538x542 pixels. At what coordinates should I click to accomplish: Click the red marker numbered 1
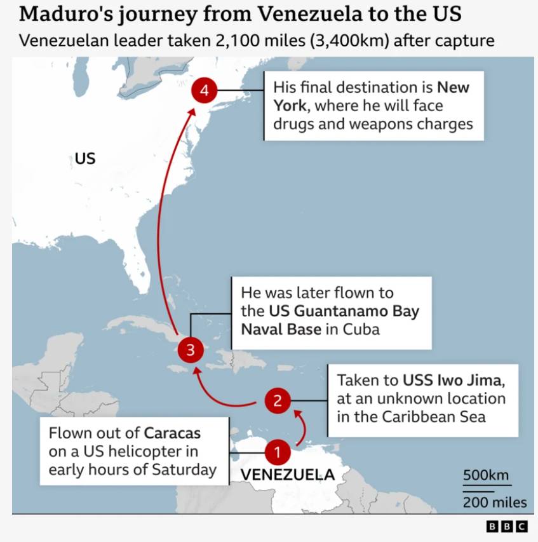[x=277, y=452]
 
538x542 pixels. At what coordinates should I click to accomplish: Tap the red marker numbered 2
[x=278, y=400]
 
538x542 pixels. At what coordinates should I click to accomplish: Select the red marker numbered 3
[x=190, y=349]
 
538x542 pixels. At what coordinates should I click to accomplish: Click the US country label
[x=85, y=158]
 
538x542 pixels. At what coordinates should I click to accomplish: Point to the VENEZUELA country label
[x=287, y=475]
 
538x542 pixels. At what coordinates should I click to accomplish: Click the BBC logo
[x=507, y=526]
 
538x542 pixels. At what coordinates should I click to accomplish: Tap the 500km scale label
[x=486, y=475]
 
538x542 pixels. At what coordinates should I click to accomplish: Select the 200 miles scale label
[x=495, y=503]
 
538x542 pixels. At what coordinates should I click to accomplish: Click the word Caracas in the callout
[x=172, y=433]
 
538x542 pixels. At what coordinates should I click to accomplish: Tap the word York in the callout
[x=291, y=105]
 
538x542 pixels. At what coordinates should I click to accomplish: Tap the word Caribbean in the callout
[x=434, y=417]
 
